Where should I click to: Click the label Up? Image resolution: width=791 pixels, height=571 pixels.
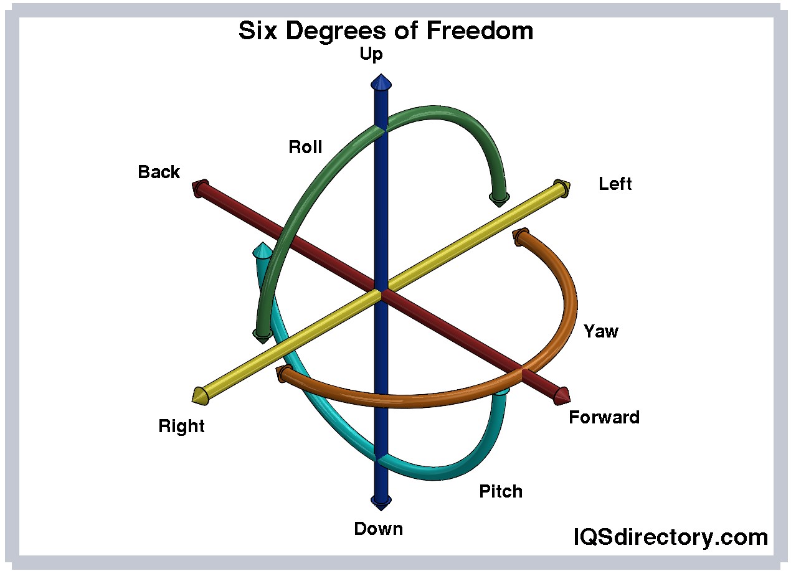(x=371, y=55)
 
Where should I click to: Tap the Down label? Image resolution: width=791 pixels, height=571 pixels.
(x=378, y=529)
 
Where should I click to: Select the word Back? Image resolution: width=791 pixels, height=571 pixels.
(x=159, y=172)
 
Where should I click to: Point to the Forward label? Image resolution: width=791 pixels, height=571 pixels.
(x=604, y=417)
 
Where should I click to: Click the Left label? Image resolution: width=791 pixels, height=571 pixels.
(x=615, y=184)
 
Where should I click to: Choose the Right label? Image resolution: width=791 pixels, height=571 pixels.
(x=181, y=427)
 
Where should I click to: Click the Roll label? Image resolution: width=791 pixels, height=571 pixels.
(x=305, y=147)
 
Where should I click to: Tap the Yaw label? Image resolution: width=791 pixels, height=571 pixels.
(x=600, y=331)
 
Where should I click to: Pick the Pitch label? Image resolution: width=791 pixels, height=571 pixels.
(x=500, y=491)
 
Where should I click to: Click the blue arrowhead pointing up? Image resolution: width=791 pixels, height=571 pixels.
(x=381, y=82)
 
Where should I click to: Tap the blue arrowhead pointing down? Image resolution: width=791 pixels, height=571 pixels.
(x=381, y=499)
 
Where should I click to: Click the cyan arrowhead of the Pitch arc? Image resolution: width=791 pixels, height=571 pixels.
(x=262, y=250)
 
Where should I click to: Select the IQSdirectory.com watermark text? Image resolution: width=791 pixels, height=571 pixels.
(x=670, y=537)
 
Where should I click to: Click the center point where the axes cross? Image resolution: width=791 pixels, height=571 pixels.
(x=381, y=290)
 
